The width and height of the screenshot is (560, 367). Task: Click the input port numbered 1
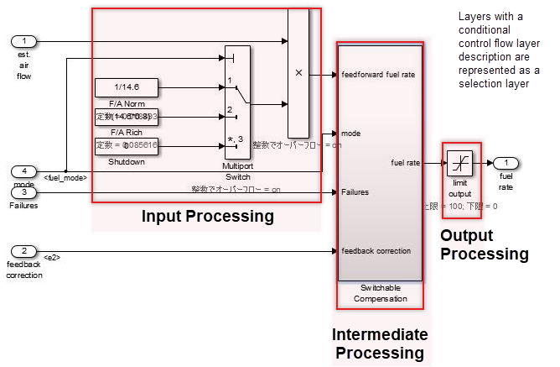pos(24,40)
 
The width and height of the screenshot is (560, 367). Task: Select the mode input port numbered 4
pos(24,171)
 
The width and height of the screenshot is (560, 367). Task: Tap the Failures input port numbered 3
pos(24,192)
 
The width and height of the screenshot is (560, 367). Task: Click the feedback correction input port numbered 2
pos(24,250)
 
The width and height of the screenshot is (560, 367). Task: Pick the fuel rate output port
pos(506,162)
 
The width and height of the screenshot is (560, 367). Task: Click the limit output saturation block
pos(459,162)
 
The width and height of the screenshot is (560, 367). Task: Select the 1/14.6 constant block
pos(126,87)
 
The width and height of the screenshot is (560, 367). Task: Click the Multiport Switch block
pos(237,101)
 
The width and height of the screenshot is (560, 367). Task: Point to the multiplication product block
pos(298,72)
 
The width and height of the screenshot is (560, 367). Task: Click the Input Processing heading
pos(207,217)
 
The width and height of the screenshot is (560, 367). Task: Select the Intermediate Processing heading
pos(380,343)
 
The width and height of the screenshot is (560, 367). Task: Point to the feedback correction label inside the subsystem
pos(376,250)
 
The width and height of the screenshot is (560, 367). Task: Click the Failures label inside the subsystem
pos(355,192)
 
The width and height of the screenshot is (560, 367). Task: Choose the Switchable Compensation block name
pos(380,292)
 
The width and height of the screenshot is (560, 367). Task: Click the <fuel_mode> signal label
pos(65,177)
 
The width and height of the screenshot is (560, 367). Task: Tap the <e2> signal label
pos(52,256)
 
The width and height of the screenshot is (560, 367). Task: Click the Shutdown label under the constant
pos(126,161)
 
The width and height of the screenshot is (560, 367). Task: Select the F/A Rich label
pos(126,132)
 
